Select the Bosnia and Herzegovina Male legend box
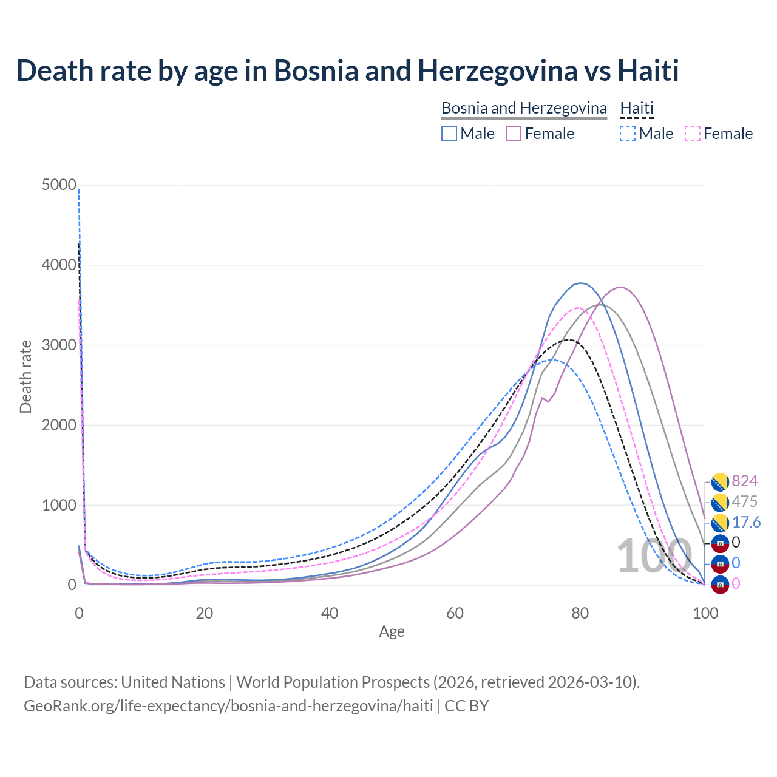[449, 134]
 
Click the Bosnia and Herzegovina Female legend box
[514, 134]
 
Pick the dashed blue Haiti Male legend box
[628, 134]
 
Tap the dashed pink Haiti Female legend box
[692, 134]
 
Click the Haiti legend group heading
[637, 108]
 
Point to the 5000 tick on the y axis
[59, 185]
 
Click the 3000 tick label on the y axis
[59, 345]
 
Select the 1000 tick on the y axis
[59, 505]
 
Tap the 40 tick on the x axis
[330, 613]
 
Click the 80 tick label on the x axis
[580, 613]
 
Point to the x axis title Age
[392, 632]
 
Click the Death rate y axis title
[25, 376]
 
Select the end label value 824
[745, 481]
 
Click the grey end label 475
[745, 502]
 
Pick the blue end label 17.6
[746, 523]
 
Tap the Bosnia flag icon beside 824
[720, 482]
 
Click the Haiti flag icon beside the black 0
[720, 543]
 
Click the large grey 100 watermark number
[654, 556]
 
